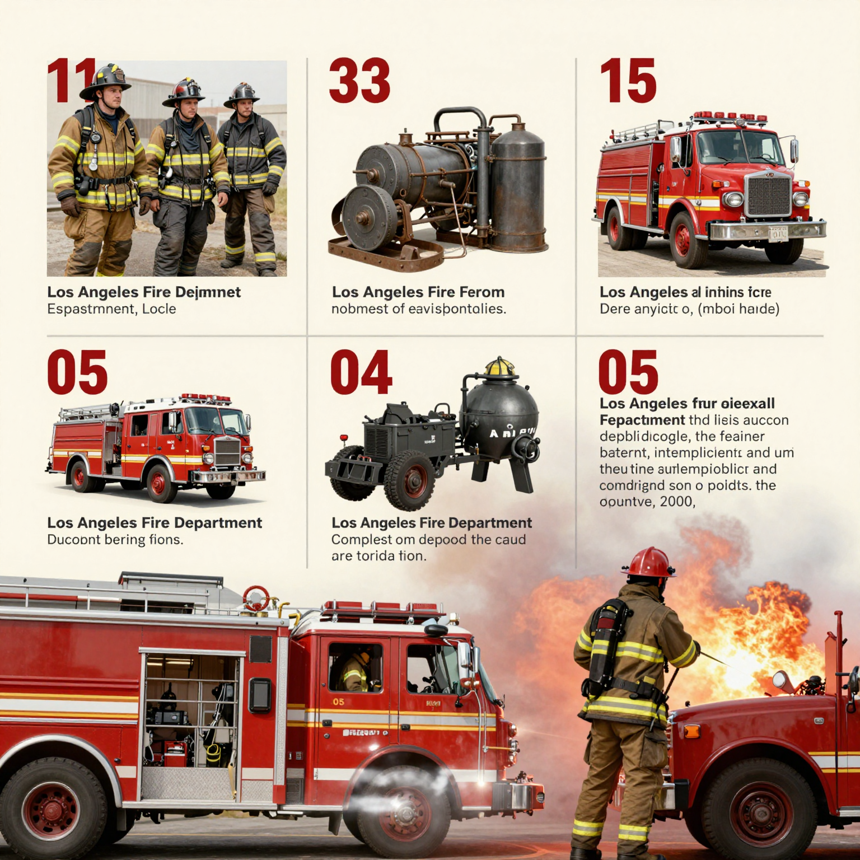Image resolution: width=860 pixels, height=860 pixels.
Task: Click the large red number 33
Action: click(359, 81)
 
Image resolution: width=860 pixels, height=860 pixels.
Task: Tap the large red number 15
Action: click(628, 81)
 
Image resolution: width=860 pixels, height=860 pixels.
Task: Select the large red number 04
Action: click(361, 373)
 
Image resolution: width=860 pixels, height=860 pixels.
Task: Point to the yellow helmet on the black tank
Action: click(500, 367)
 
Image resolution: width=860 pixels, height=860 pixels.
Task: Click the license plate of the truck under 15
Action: click(778, 234)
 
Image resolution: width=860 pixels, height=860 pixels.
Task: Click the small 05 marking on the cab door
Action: click(339, 702)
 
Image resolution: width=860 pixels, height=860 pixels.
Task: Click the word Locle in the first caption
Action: click(159, 309)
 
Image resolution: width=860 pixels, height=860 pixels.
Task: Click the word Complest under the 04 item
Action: click(361, 540)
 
